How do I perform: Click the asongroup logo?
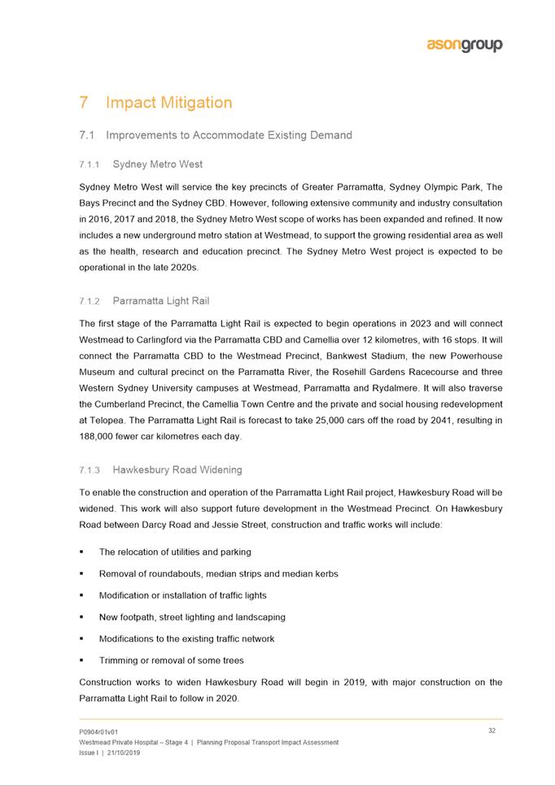coord(465,46)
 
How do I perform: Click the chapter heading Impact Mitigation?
coord(168,103)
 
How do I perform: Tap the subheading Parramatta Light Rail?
coord(160,301)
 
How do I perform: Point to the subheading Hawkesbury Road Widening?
coord(177,469)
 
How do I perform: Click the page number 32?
coord(492,731)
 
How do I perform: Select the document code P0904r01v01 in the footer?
coord(98,731)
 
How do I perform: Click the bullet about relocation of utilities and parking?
coord(175,552)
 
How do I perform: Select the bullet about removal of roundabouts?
coord(218,574)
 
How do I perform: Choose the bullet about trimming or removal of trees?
coord(171,660)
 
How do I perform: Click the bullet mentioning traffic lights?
coord(182,596)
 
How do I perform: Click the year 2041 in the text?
coord(424,420)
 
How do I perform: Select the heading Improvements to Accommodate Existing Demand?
coord(229,135)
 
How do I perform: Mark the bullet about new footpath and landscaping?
coord(192,617)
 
